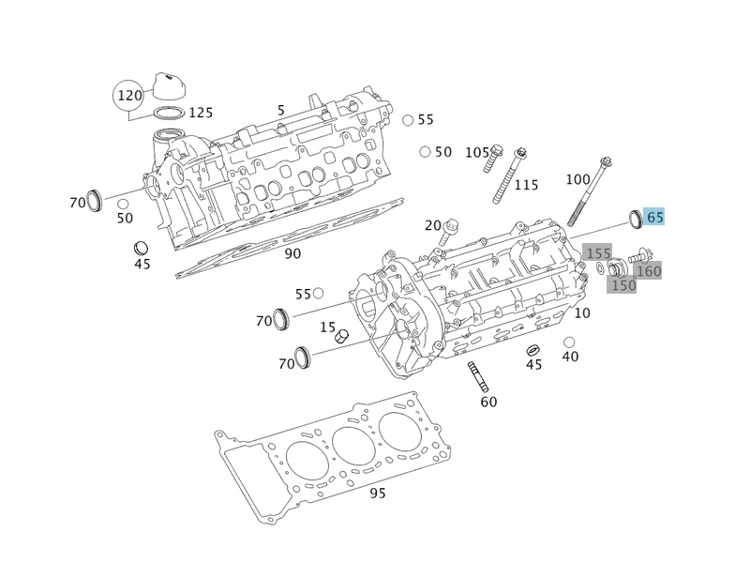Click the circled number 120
coord(129,95)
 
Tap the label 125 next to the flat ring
coord(201,113)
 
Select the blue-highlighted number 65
coord(655,217)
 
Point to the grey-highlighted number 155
coord(598,253)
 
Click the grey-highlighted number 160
coord(649,271)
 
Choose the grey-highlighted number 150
coord(622,285)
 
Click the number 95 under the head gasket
coord(378,493)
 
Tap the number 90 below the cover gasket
coord(292,253)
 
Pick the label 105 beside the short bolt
coord(477,152)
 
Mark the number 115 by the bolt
coord(527,185)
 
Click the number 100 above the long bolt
coord(578,179)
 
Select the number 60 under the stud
coord(488,402)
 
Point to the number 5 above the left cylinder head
coord(280,111)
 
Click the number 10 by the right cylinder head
coord(582,313)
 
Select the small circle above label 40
coord(569,342)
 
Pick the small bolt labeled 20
coord(453,227)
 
